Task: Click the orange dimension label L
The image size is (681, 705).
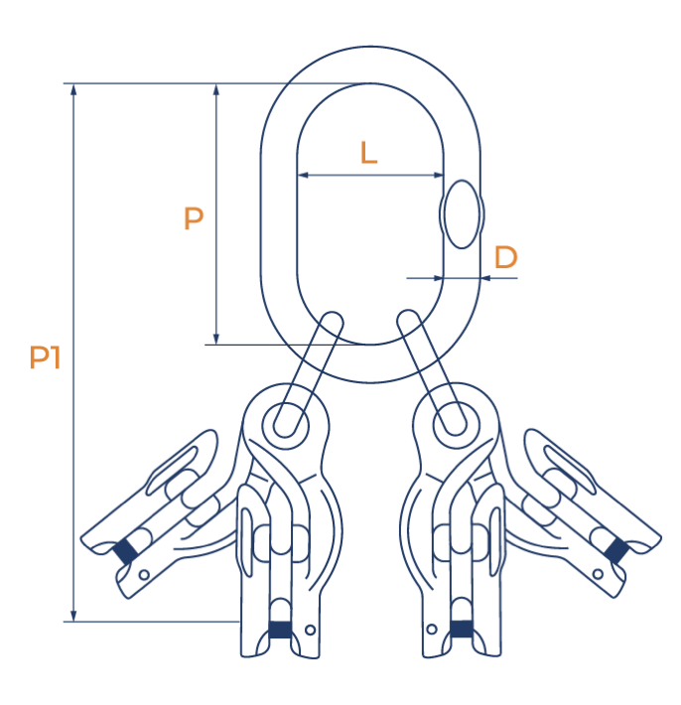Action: point(368,152)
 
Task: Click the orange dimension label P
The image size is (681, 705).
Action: point(194,218)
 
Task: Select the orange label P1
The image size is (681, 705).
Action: point(45,357)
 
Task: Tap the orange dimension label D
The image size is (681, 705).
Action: point(505,258)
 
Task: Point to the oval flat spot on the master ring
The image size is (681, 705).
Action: point(461,214)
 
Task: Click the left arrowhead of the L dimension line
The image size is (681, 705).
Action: point(302,176)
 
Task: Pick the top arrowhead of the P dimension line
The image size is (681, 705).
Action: point(216,89)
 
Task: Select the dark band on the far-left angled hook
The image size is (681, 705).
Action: point(125,549)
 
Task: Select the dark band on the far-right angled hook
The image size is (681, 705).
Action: point(614,549)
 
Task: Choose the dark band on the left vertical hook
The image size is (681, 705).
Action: point(280,630)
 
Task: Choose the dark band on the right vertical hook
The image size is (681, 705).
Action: point(462,628)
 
